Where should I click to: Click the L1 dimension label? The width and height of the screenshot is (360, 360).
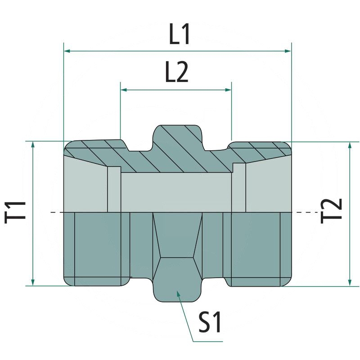(179, 35)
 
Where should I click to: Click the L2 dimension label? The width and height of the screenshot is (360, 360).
(176, 72)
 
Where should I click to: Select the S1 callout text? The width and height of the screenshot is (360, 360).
(210, 322)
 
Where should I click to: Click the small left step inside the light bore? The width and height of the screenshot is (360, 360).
(114, 189)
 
